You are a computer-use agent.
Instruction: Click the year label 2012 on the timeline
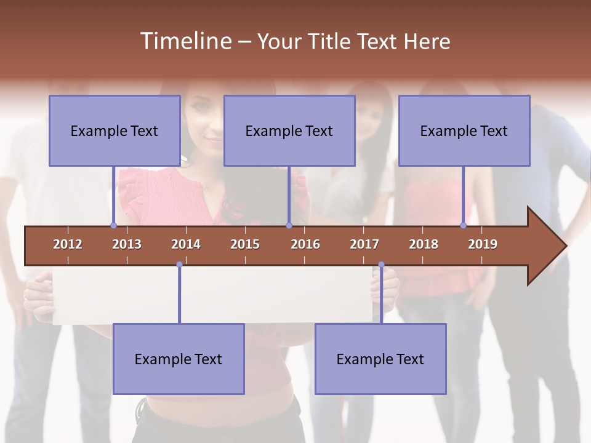tap(68, 244)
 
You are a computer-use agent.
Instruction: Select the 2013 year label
tap(127, 244)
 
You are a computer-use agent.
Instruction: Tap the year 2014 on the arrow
tap(186, 244)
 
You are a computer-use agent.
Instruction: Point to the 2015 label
tap(245, 244)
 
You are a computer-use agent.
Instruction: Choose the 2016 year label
tap(305, 244)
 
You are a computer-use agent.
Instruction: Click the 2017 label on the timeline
tap(364, 244)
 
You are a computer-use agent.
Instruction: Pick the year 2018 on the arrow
tap(424, 244)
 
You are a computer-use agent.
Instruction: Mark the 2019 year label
tap(483, 244)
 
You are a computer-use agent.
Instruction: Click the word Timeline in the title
tap(185, 41)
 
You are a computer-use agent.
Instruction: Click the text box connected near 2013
tap(115, 130)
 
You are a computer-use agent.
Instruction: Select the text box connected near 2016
tap(289, 130)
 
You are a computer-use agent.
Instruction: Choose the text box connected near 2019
tap(464, 130)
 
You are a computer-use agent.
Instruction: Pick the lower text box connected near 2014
tap(179, 359)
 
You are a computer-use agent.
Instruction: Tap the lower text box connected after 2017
tap(380, 359)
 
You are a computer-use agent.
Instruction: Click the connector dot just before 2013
tap(113, 225)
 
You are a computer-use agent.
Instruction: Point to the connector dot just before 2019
tap(463, 225)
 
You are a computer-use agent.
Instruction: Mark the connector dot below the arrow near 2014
tap(179, 265)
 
